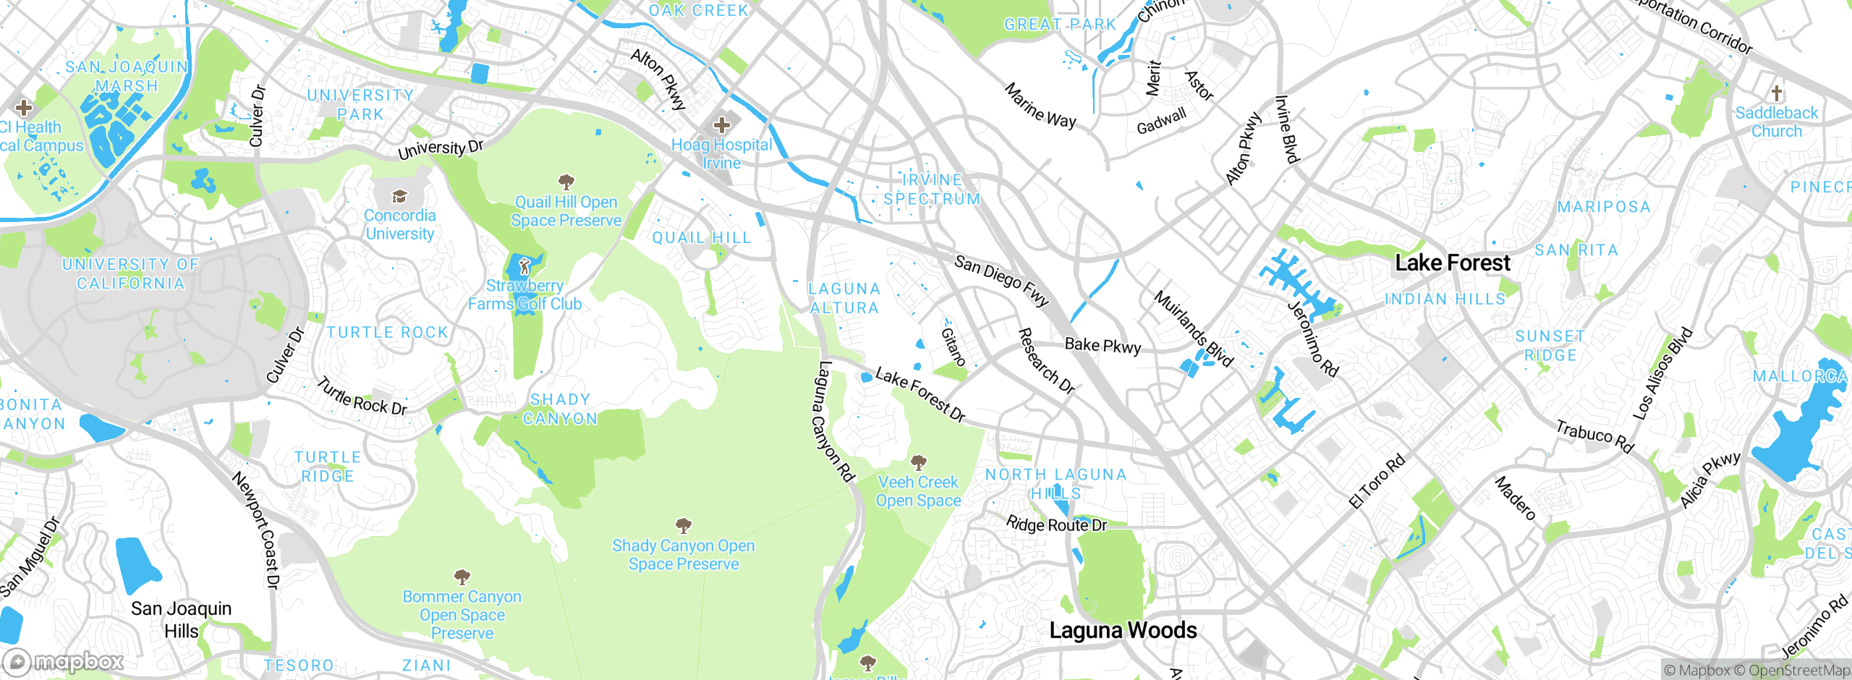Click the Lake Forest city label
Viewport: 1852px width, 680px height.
[x=1452, y=263]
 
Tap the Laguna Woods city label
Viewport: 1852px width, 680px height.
[x=1123, y=630]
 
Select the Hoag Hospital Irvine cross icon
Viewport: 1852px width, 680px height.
[x=721, y=125]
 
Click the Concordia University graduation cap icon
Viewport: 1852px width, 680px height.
[x=399, y=196]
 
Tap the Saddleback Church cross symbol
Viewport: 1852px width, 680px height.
[x=1776, y=93]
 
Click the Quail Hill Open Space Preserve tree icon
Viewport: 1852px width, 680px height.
[x=566, y=181]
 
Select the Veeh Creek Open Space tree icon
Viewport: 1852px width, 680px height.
[x=918, y=462]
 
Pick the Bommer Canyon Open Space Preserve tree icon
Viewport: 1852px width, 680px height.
[x=462, y=577]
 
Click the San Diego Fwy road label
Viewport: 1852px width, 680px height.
[x=1001, y=280]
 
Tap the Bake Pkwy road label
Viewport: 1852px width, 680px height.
[x=1103, y=346]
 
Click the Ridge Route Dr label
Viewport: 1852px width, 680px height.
[x=1056, y=524]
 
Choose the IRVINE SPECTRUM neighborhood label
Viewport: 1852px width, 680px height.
[x=932, y=190]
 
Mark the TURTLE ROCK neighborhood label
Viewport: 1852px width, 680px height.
[x=387, y=332]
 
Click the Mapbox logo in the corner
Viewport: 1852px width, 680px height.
[x=64, y=661]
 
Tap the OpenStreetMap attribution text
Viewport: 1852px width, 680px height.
[x=1798, y=671]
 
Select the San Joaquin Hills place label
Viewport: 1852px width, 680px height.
[x=181, y=619]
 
